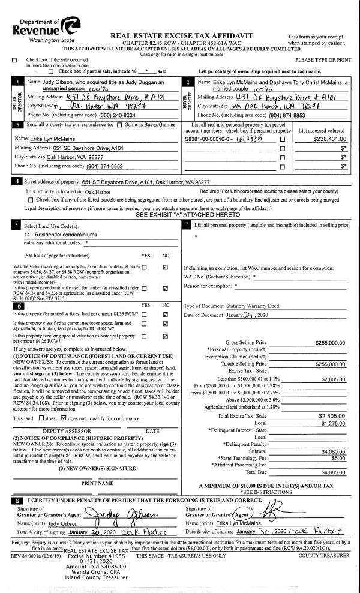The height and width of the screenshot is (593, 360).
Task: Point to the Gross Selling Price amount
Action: point(330,343)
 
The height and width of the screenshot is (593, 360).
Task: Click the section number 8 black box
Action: point(18,499)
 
